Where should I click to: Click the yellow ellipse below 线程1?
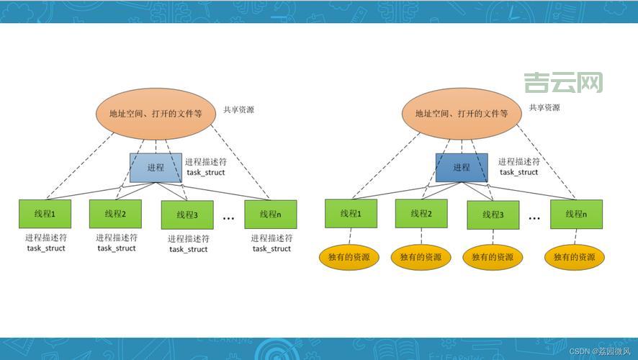coord(350,257)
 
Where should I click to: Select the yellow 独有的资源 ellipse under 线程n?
coord(575,257)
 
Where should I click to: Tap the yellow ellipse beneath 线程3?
coord(493,257)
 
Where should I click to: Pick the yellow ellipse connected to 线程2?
coord(421,257)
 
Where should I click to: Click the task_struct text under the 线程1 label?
coord(46,248)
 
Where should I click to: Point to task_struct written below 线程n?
coord(272,249)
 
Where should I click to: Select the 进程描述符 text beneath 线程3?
coord(189,239)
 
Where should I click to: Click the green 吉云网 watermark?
coord(563,83)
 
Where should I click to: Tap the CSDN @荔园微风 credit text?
coord(600,351)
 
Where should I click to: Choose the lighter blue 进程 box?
coord(156,167)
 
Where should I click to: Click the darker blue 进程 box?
coord(462,167)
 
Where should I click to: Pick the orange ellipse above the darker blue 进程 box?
coord(462,114)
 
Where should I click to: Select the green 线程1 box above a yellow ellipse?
coord(350,214)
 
